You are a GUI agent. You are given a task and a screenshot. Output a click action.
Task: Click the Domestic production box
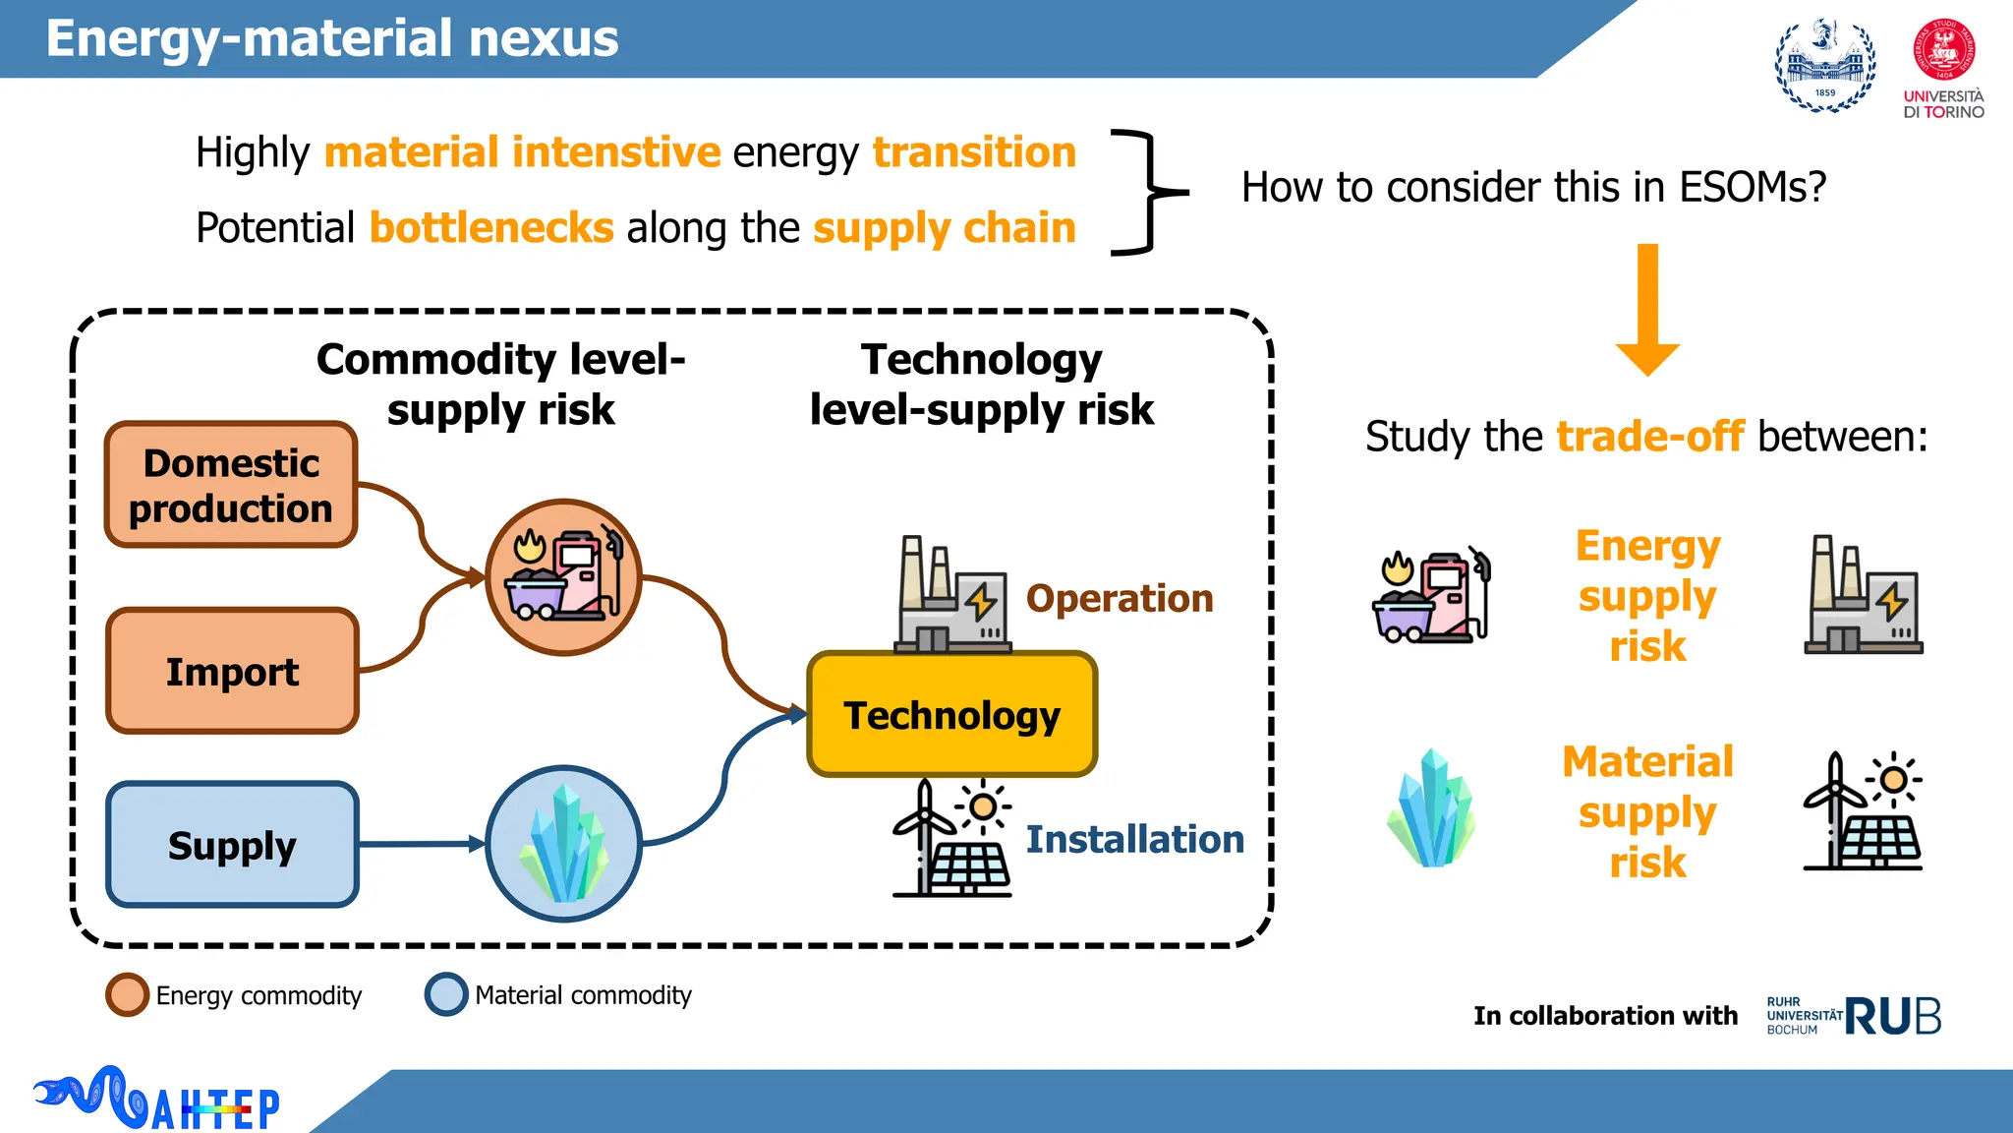[x=231, y=485]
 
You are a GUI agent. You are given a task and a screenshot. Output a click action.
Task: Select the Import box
[x=232, y=672]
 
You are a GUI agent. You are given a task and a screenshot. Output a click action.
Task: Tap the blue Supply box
[x=232, y=845]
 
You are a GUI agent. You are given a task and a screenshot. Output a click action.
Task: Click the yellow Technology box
[x=951, y=715]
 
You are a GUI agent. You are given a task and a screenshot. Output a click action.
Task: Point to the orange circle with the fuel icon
[x=563, y=577]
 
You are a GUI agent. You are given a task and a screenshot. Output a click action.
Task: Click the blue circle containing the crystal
[x=563, y=844]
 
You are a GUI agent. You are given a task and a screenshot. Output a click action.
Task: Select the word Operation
[x=1120, y=598]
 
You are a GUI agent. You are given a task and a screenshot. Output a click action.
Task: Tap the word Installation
[x=1134, y=839]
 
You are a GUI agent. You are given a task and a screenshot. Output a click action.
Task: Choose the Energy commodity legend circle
[x=127, y=994]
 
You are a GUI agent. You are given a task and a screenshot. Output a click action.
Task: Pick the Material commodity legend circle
[x=445, y=994]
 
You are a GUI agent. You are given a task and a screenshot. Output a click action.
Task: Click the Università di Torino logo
[x=1943, y=69]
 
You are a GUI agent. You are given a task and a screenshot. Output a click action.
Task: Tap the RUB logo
[x=1891, y=1016]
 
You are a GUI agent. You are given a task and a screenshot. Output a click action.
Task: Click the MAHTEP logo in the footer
[x=157, y=1100]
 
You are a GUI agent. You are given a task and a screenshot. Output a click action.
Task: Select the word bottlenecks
[x=491, y=228]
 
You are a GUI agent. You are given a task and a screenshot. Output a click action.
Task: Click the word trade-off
[x=1650, y=437]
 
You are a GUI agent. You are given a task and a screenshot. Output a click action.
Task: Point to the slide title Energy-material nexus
[x=332, y=38]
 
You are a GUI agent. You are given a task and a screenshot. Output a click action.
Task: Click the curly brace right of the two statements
[x=1145, y=192]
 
